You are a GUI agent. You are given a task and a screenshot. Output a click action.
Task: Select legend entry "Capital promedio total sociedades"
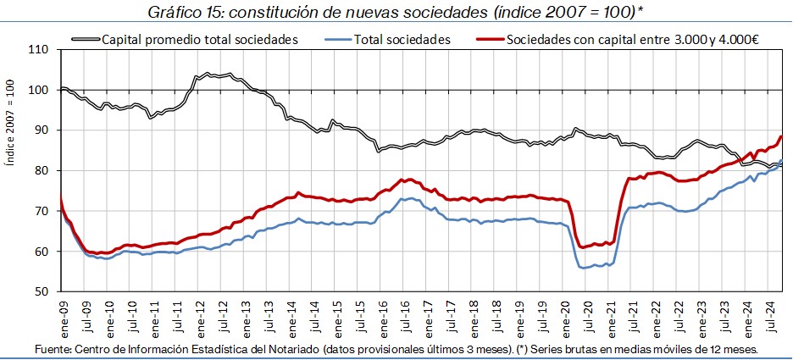point(199,39)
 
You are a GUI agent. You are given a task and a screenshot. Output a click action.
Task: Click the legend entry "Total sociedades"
point(402,39)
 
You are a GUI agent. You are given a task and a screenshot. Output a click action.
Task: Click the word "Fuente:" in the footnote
point(53,349)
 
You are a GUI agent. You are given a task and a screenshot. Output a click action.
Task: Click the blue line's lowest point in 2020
point(583,268)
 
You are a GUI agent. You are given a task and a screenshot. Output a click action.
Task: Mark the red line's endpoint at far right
point(781,137)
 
